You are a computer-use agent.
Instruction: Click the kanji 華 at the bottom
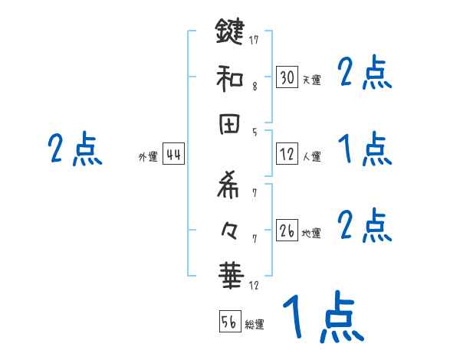[x=230, y=277]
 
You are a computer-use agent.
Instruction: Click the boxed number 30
[x=287, y=77]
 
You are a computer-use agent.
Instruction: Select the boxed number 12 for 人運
[x=287, y=154]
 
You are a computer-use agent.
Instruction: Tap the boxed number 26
[x=287, y=231]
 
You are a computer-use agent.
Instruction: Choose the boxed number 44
[x=173, y=155]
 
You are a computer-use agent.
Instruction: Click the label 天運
[x=311, y=80]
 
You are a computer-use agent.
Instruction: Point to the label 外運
[x=148, y=157]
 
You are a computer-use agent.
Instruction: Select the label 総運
[x=255, y=324]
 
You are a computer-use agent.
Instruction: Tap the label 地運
[x=311, y=233]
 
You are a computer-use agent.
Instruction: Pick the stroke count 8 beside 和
[x=254, y=87]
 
